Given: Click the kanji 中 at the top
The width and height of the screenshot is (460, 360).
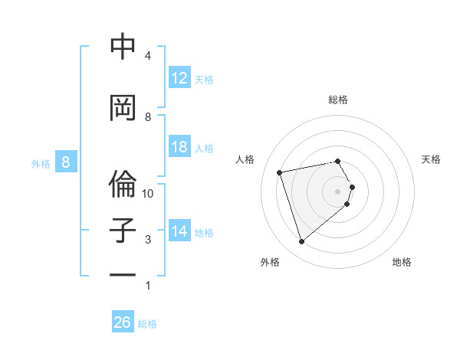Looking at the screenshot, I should pos(123,47).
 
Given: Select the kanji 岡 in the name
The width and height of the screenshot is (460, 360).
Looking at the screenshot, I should pos(123,109).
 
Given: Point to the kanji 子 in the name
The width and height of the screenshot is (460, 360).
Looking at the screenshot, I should pos(123,231).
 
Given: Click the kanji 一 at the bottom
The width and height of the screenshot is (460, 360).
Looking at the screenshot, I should pos(123,274).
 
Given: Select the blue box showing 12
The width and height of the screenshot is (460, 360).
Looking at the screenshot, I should pos(179,78).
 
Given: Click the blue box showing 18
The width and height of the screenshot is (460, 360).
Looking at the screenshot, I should pos(179,147).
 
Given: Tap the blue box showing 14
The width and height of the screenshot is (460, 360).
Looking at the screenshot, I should pos(179,231).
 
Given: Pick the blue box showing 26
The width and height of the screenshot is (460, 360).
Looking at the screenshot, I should pos(123,322).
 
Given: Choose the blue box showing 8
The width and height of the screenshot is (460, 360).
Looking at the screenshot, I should pos(66,162).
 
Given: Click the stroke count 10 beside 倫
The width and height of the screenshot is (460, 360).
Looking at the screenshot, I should pos(148,194).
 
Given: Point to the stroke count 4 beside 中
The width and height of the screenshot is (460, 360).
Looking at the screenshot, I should pos(148,56).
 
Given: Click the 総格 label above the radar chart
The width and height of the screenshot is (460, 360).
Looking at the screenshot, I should pos(338,100).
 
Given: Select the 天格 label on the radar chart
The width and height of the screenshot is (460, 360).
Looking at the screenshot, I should pos(431,159).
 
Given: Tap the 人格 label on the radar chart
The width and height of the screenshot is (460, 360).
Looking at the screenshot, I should pos(245,159).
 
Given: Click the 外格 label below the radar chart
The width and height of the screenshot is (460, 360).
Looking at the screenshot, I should pos(270,262).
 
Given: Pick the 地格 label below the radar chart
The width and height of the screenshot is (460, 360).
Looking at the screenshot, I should pos(402,262).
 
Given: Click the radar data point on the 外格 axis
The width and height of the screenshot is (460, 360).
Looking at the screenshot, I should pos(301,242).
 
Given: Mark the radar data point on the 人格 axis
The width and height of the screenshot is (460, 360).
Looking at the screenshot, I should pos(280,172).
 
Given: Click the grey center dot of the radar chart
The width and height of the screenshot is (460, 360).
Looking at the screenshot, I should pos(338,191).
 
